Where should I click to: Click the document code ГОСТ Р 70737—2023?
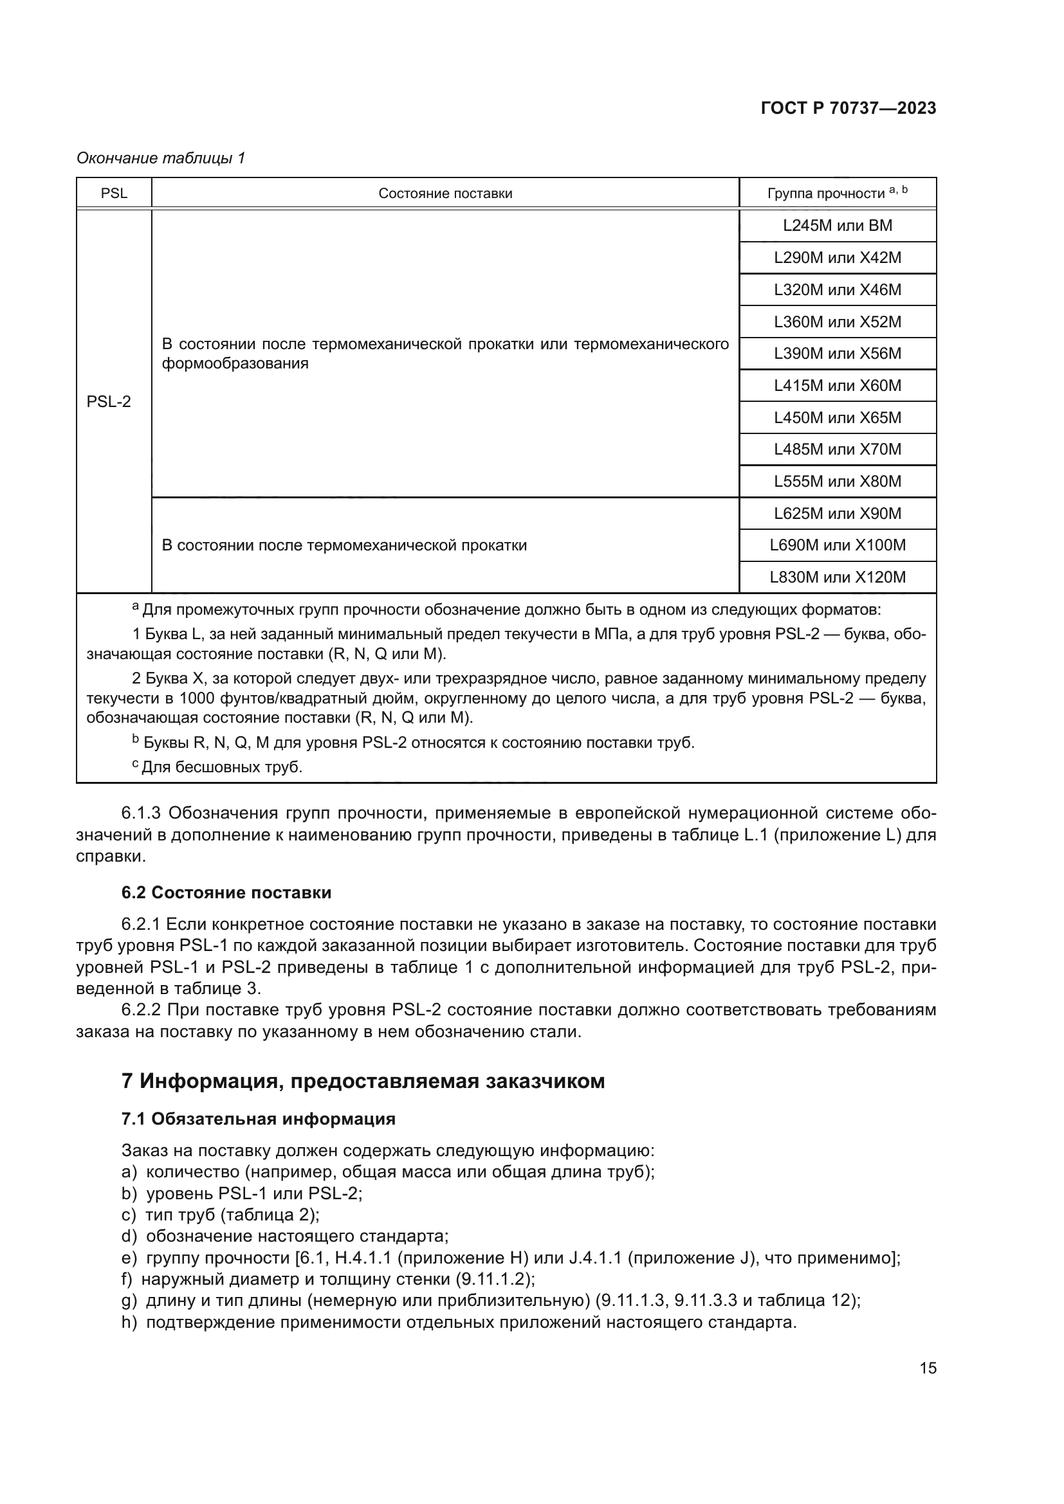[848, 109]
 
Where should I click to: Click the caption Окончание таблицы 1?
[161, 158]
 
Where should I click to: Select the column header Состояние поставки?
[445, 194]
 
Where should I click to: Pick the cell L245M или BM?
[838, 225]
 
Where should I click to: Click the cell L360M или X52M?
[838, 322]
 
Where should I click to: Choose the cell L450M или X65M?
[838, 417]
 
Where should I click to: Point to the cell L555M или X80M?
[838, 482]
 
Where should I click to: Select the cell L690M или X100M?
[838, 545]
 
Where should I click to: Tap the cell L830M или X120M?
[838, 577]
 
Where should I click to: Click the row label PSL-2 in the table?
[109, 401]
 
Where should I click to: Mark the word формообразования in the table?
[235, 363]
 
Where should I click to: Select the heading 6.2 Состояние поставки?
[226, 892]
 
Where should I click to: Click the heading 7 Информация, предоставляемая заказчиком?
[363, 1080]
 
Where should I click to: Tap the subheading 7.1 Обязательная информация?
[258, 1118]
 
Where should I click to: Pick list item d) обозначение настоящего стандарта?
[285, 1236]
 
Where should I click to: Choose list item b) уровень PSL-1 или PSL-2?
[243, 1193]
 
